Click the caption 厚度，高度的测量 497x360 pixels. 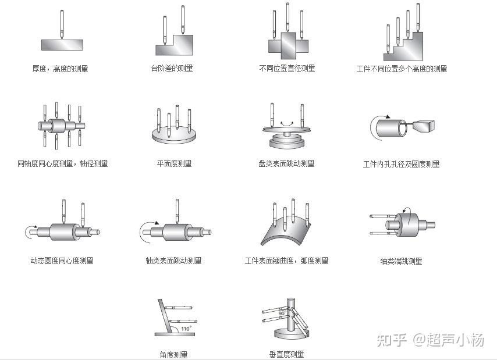61,69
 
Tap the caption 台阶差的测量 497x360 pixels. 172,68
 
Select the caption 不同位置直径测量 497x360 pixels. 287,68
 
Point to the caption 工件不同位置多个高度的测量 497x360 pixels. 402,69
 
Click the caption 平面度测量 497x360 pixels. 174,163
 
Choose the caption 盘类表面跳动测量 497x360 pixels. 286,163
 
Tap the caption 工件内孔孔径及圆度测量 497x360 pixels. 401,164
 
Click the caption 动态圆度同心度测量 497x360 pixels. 62,261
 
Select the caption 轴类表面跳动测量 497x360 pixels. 173,261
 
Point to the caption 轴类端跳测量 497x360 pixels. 401,261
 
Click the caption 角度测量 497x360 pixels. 173,354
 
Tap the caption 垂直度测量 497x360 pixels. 286,354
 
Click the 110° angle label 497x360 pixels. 186,329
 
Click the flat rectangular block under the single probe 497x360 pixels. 62,45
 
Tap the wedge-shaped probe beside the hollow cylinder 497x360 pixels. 425,124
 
